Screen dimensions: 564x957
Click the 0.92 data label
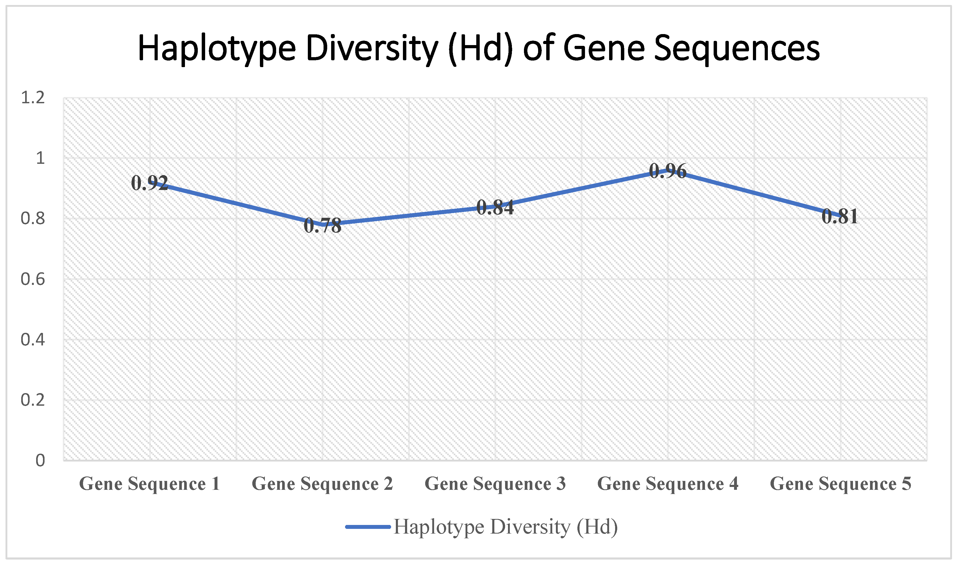[x=149, y=183]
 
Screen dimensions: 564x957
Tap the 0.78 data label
[x=322, y=226]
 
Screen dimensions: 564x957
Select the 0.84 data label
[x=495, y=208]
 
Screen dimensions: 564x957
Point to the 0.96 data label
[x=668, y=171]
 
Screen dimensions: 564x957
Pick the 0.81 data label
[x=840, y=217]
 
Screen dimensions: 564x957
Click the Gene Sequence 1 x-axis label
[x=149, y=484]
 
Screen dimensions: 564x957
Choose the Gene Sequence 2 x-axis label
[x=322, y=484]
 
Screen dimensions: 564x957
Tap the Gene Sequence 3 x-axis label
[x=495, y=484]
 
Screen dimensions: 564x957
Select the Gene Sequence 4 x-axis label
[x=668, y=484]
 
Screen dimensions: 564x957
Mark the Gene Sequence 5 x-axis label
[x=840, y=484]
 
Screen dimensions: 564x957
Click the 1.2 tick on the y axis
[x=33, y=98]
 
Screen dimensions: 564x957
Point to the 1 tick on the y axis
[x=40, y=158]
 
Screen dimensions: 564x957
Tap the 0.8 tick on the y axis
[x=33, y=219]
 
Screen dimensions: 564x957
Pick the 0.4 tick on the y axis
[x=33, y=339]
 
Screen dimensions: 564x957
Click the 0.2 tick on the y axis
[x=33, y=400]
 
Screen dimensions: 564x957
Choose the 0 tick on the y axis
[x=40, y=460]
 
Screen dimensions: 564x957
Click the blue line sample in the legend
[x=368, y=527]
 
